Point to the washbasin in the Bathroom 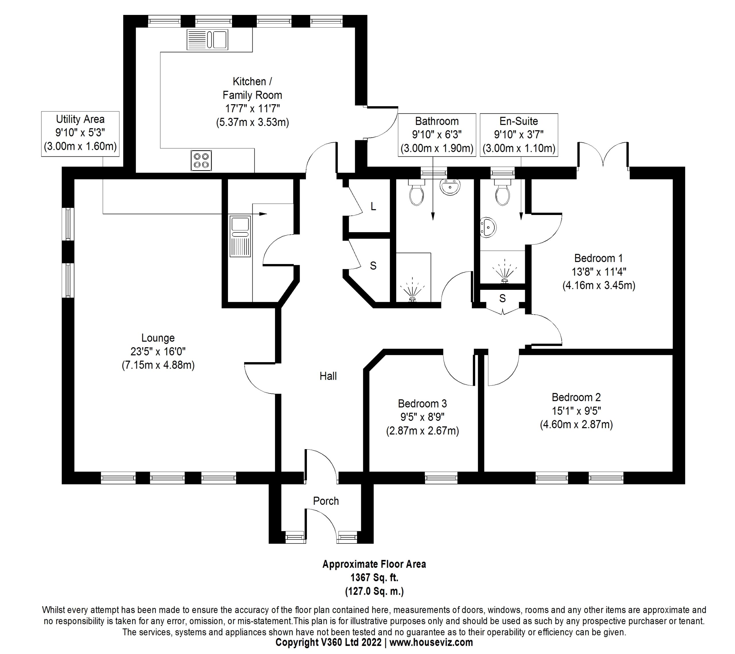pos(450,187)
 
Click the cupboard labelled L pos(373,207)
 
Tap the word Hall pos(328,376)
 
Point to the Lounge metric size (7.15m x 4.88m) pos(158,365)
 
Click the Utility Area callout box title pos(80,119)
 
